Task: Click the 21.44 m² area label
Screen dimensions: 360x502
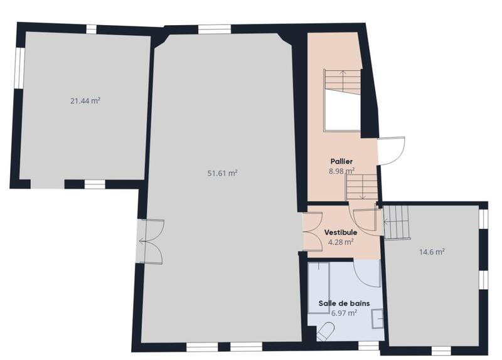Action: pyautogui.click(x=87, y=100)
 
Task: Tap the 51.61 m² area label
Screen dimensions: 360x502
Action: pyautogui.click(x=222, y=173)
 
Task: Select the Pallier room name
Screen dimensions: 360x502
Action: pyautogui.click(x=342, y=161)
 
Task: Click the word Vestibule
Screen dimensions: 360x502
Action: pyautogui.click(x=341, y=232)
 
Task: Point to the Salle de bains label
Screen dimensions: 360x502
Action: pyautogui.click(x=343, y=303)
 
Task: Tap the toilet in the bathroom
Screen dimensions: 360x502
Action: pyautogui.click(x=325, y=331)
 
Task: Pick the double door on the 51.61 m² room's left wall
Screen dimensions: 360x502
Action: pyautogui.click(x=149, y=242)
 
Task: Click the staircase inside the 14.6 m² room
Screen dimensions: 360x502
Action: pyautogui.click(x=397, y=223)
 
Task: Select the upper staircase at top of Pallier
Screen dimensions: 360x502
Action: pyautogui.click(x=343, y=82)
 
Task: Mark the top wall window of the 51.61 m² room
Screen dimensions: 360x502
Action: pyautogui.click(x=215, y=28)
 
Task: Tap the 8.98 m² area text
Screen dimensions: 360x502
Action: pyautogui.click(x=341, y=170)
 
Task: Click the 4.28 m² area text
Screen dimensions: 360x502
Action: pyautogui.click(x=341, y=241)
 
